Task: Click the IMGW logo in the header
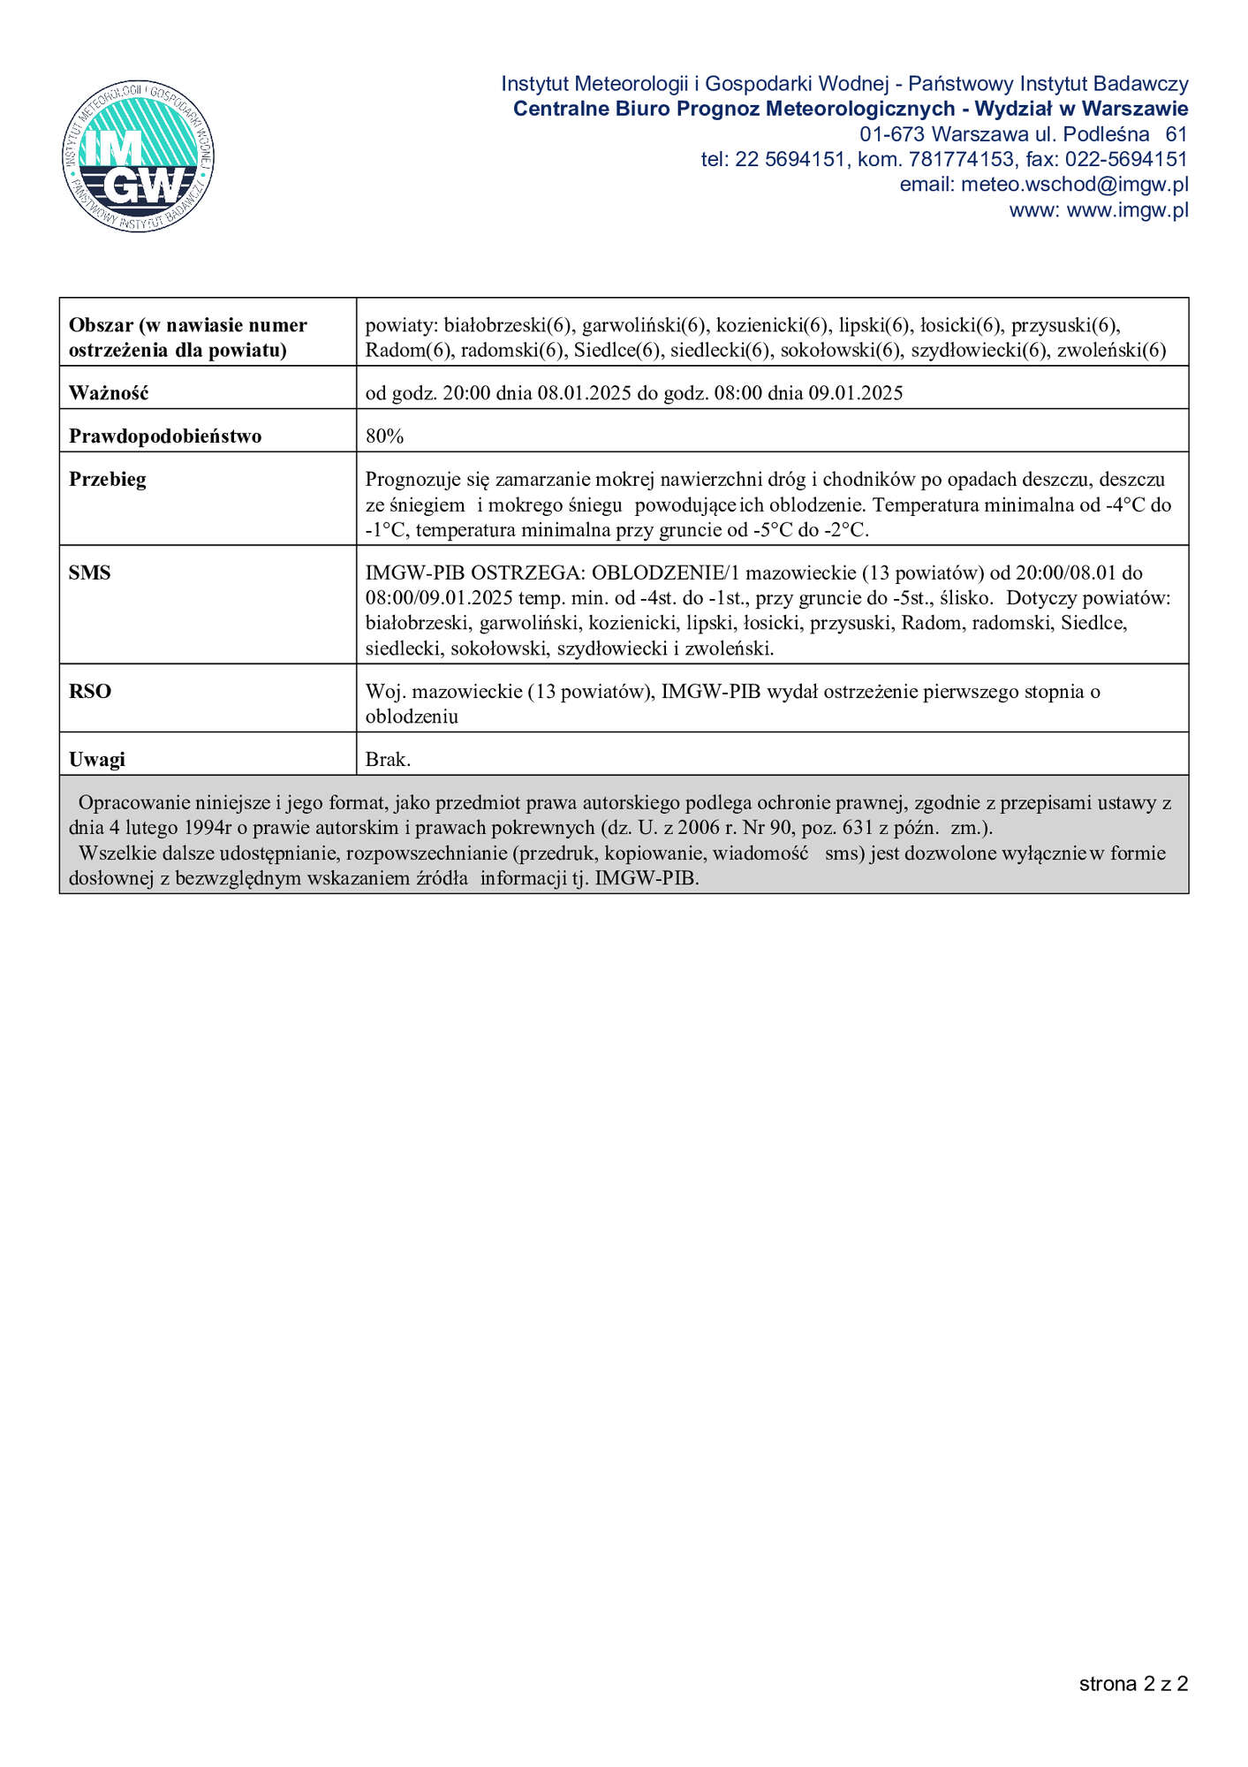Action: click(139, 157)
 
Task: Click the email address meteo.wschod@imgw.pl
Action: click(1074, 185)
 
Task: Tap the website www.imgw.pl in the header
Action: click(1127, 210)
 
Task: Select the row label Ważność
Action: click(109, 393)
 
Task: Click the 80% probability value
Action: click(384, 436)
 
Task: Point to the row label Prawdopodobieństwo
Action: click(165, 436)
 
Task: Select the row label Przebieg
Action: click(108, 480)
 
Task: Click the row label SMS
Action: click(90, 573)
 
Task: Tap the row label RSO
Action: click(90, 691)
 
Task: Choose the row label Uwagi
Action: click(97, 759)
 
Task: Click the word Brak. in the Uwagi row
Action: click(389, 759)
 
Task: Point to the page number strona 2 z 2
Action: click(1133, 1683)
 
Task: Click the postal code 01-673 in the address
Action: click(892, 134)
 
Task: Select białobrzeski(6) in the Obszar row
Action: click(509, 325)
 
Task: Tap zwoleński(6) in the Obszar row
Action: click(1111, 351)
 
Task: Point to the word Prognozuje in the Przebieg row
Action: click(409, 480)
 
